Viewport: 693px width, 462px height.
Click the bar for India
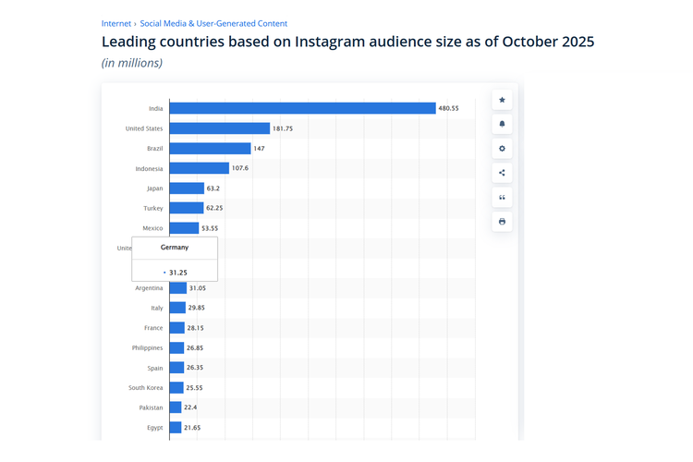tap(302, 108)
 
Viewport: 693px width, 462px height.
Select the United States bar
tap(219, 128)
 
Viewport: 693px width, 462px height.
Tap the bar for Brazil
tap(210, 149)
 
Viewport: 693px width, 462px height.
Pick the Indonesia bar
tap(199, 168)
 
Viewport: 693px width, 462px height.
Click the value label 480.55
tap(449, 108)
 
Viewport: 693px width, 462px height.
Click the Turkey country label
tap(153, 209)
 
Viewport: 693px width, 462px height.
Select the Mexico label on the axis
tap(152, 228)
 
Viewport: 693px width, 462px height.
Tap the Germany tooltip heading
tap(175, 248)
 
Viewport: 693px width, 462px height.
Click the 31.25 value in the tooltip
tap(177, 273)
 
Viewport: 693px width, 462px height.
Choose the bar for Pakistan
tap(176, 407)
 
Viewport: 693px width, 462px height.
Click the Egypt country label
tap(153, 428)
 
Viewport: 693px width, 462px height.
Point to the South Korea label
tap(146, 388)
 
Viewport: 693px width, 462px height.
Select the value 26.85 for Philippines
tap(195, 348)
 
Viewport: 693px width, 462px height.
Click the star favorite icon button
tap(502, 100)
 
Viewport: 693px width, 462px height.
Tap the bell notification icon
tap(502, 124)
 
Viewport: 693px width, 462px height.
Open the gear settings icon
tap(502, 149)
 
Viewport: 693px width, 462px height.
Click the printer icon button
tap(502, 222)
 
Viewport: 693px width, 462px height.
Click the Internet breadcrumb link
tap(116, 23)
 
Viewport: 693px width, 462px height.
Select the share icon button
tap(502, 173)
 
